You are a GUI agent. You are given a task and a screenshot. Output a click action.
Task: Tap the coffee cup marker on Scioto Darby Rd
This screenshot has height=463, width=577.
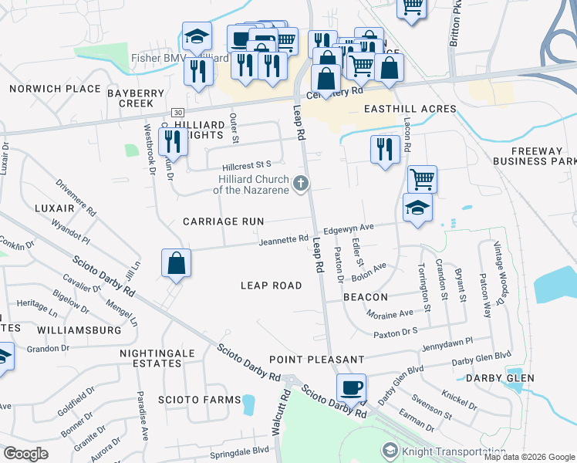coord(352,388)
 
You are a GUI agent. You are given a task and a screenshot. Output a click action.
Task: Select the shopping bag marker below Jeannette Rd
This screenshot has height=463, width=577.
coord(177,263)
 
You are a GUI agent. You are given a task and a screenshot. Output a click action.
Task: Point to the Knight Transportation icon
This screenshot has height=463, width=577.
coord(390,450)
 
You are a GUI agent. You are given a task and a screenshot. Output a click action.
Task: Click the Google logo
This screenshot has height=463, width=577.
coord(25,453)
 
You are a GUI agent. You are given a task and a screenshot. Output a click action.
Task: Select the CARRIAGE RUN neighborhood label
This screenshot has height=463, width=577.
coord(223,221)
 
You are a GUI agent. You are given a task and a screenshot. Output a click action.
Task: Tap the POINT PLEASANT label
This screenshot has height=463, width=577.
coord(316,360)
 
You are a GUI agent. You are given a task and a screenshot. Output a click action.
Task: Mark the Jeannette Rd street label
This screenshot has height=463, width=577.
coord(284,240)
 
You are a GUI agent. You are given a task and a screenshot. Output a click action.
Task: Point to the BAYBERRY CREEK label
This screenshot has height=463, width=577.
coord(137,97)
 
